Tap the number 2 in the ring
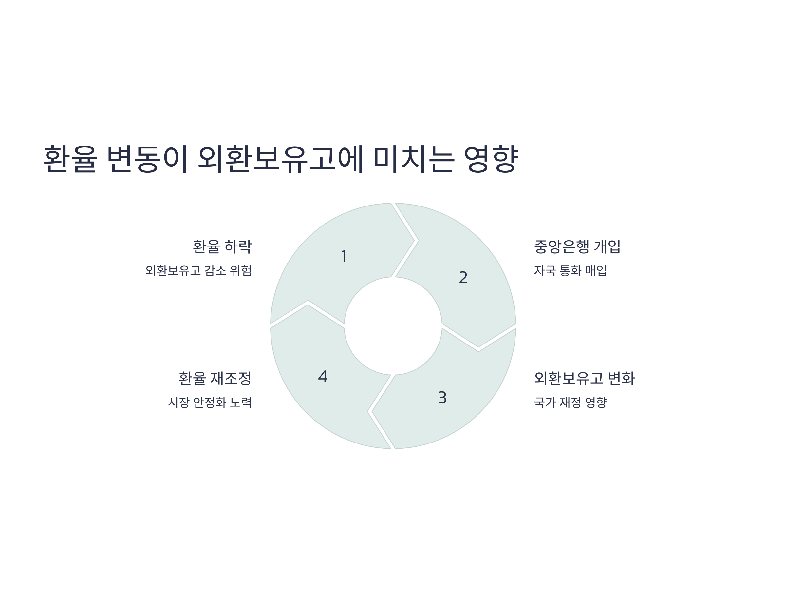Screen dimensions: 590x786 [x=463, y=278]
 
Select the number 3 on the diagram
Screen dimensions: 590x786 [x=442, y=398]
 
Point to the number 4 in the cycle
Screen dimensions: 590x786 [x=323, y=377]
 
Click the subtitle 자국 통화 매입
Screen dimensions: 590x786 [x=570, y=271]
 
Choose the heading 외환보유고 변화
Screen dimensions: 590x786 [x=584, y=378]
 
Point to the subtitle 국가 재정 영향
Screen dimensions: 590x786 [x=570, y=403]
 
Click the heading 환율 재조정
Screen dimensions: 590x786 [x=215, y=378]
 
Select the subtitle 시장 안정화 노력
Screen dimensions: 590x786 [x=210, y=403]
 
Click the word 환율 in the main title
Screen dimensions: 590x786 [x=70, y=159]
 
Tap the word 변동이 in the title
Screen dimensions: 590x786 [x=147, y=159]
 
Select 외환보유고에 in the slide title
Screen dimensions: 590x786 [x=280, y=159]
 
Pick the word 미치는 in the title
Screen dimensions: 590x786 [x=414, y=159]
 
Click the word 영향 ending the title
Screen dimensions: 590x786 [x=491, y=159]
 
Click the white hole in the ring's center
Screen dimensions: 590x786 [x=393, y=326]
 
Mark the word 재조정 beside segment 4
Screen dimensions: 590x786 [x=231, y=378]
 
